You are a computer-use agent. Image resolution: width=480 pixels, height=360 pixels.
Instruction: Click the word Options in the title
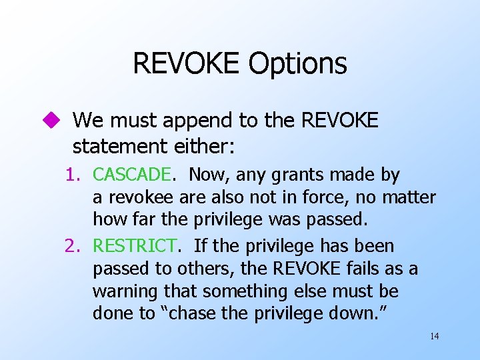click(298, 64)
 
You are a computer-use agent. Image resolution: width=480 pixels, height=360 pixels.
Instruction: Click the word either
click(198, 145)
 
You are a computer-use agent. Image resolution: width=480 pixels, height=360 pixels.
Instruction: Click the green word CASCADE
click(132, 175)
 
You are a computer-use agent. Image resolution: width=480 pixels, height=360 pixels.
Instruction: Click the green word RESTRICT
click(135, 246)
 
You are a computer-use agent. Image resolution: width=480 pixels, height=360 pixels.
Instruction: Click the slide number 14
click(435, 336)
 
